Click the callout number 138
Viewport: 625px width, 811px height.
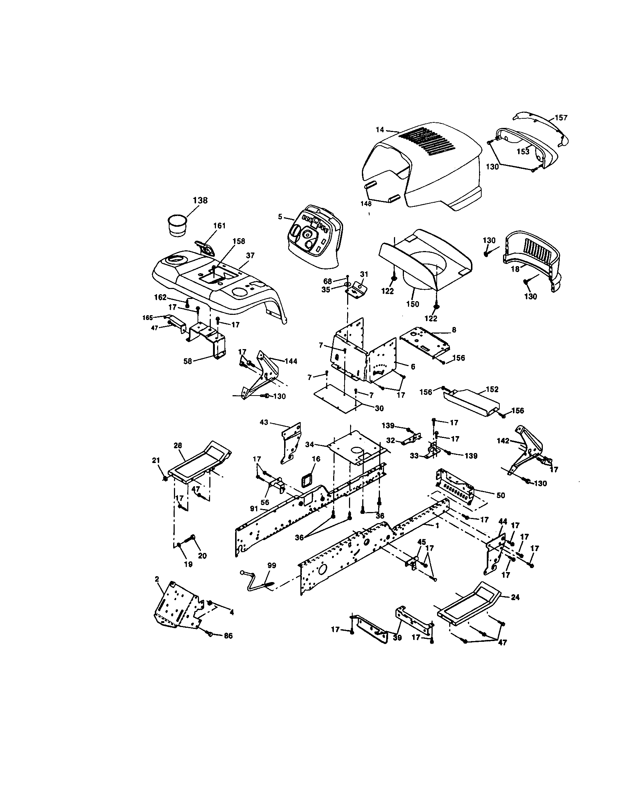pos(200,201)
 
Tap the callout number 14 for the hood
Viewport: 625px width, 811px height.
pos(380,130)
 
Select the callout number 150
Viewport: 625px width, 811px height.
pos(412,304)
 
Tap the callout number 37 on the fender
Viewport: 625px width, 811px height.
pos(250,255)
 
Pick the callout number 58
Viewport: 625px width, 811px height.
pos(188,361)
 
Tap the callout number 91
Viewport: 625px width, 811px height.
pos(254,508)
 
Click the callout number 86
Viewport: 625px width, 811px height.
pos(228,636)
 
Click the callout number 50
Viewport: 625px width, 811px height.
pos(501,495)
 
